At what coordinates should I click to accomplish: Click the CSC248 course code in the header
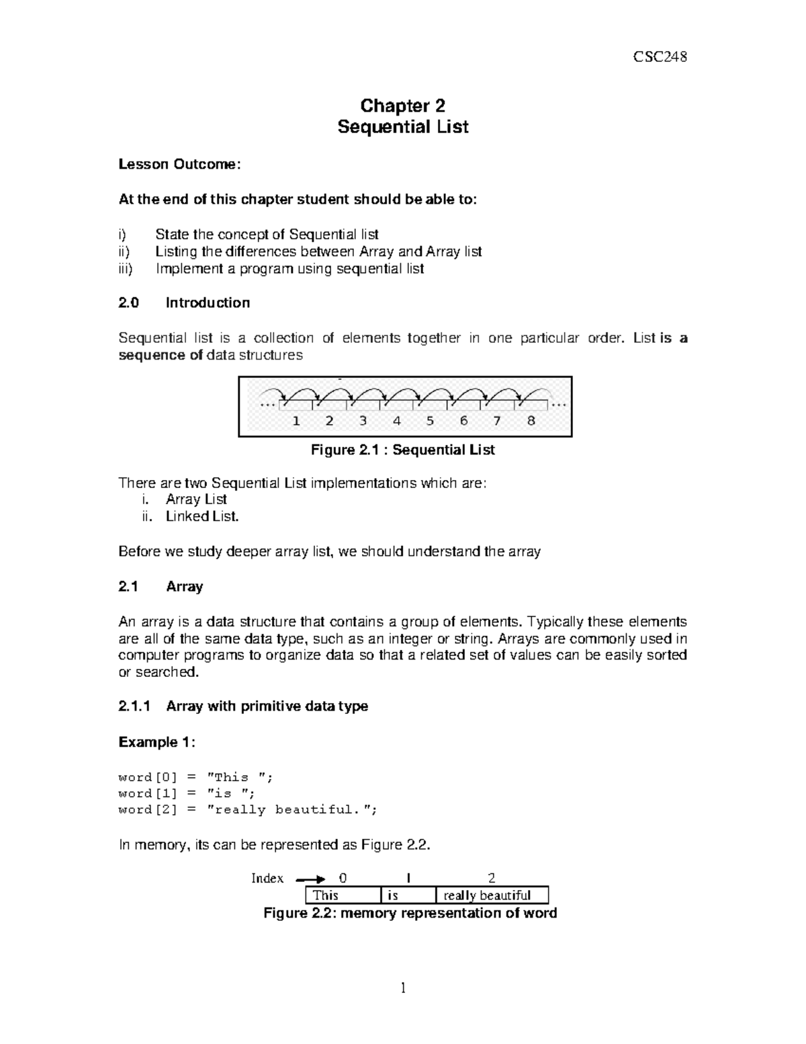[x=660, y=56]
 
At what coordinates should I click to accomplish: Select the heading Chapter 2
[x=402, y=106]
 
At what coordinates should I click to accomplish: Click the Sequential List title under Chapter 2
[x=402, y=126]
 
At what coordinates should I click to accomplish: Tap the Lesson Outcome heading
[x=178, y=164]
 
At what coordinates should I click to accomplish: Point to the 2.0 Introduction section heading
[x=184, y=303]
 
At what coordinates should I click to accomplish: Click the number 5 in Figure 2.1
[x=430, y=421]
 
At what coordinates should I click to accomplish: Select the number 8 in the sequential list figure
[x=531, y=421]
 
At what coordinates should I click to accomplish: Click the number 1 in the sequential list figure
[x=296, y=421]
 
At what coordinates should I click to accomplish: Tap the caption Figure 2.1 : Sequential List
[x=402, y=450]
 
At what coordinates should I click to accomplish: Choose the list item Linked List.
[x=202, y=516]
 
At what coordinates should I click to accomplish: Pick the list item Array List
[x=196, y=499]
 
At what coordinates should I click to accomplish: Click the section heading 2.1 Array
[x=161, y=586]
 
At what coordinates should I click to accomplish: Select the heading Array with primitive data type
[x=267, y=706]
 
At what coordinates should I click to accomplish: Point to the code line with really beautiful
[x=247, y=809]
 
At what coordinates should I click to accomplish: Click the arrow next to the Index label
[x=310, y=879]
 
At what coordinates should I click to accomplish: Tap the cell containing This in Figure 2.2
[x=343, y=895]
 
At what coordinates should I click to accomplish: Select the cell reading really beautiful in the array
[x=492, y=895]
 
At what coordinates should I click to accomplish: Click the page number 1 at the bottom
[x=403, y=988]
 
